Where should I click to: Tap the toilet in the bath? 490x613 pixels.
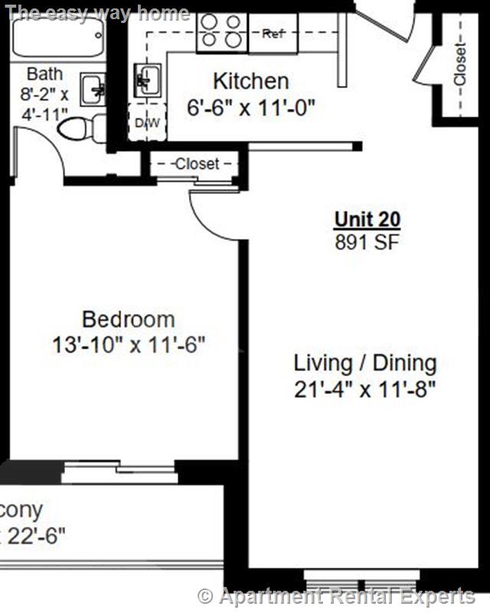click(x=81, y=128)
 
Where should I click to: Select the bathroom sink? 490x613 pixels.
click(x=96, y=90)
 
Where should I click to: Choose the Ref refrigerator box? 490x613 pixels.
click(x=273, y=34)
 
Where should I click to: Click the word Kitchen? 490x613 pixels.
click(x=250, y=81)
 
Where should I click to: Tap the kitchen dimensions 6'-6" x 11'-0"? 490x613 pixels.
click(x=251, y=107)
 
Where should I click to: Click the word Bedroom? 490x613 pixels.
click(x=128, y=319)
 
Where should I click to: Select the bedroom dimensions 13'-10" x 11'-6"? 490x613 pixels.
click(x=129, y=346)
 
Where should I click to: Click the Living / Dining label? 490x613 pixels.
click(x=365, y=363)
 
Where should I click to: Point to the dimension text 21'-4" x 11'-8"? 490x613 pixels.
click(x=365, y=389)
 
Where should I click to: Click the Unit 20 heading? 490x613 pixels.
click(x=367, y=219)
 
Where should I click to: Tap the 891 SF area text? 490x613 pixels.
click(x=367, y=242)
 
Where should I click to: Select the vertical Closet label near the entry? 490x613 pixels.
click(x=459, y=66)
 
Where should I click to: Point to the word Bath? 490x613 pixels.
click(x=44, y=74)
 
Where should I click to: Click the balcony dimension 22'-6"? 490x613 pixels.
click(x=34, y=535)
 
